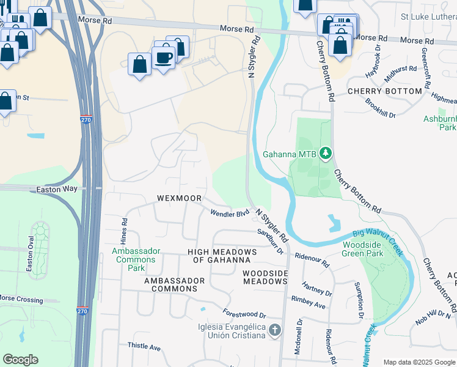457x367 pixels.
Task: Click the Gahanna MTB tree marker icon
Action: [x=326, y=153]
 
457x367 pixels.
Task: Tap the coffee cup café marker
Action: [x=164, y=58]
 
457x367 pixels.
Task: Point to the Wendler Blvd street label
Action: [x=230, y=213]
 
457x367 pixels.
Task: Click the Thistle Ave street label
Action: [x=144, y=347]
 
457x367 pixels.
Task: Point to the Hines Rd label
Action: [x=124, y=229]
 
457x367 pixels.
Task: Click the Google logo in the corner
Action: [x=20, y=360]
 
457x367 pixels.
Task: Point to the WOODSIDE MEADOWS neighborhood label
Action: [x=265, y=277]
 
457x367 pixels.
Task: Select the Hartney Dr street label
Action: [x=316, y=289]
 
